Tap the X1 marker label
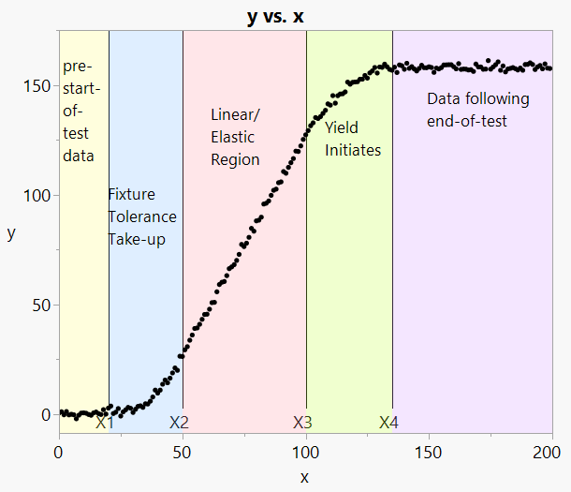coord(105,423)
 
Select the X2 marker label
coord(179,423)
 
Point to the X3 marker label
coord(302,423)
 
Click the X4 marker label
coord(388,423)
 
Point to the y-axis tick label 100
coord(37,196)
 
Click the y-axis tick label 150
coord(37,86)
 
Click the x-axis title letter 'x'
coord(304,477)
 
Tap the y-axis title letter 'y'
coord(11,233)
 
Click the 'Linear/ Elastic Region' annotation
coord(236,137)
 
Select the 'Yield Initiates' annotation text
coord(352,138)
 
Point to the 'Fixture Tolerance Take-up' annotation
coord(141,216)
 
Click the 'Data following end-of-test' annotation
coord(477,110)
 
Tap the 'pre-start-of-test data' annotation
coord(80,111)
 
